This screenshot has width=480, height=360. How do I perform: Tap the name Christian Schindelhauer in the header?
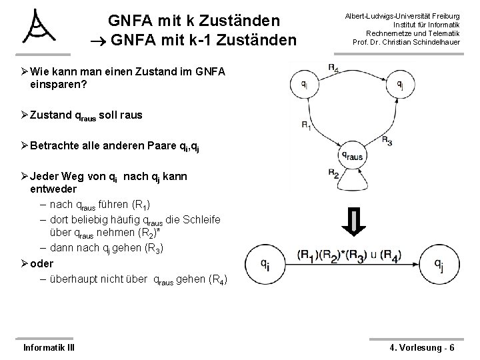click(427, 42)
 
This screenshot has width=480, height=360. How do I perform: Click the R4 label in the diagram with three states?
click(333, 66)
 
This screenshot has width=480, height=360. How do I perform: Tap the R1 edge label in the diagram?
click(306, 125)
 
